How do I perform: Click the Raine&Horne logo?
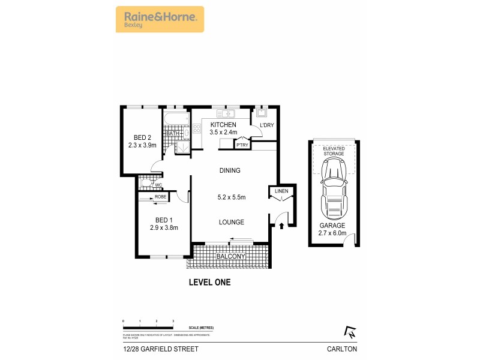(x=159, y=19)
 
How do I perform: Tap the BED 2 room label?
(x=142, y=137)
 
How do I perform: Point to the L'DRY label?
(x=266, y=125)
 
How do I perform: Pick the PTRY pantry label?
(x=242, y=145)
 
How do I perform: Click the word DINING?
(x=230, y=170)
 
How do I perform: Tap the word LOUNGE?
(x=231, y=222)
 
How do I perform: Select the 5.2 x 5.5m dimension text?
(x=231, y=196)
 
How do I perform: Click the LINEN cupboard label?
(x=281, y=191)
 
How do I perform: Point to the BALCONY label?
(x=231, y=257)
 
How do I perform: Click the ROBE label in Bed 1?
(x=160, y=197)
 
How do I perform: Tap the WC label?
(x=159, y=185)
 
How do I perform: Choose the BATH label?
(x=173, y=133)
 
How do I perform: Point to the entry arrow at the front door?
(x=281, y=226)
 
